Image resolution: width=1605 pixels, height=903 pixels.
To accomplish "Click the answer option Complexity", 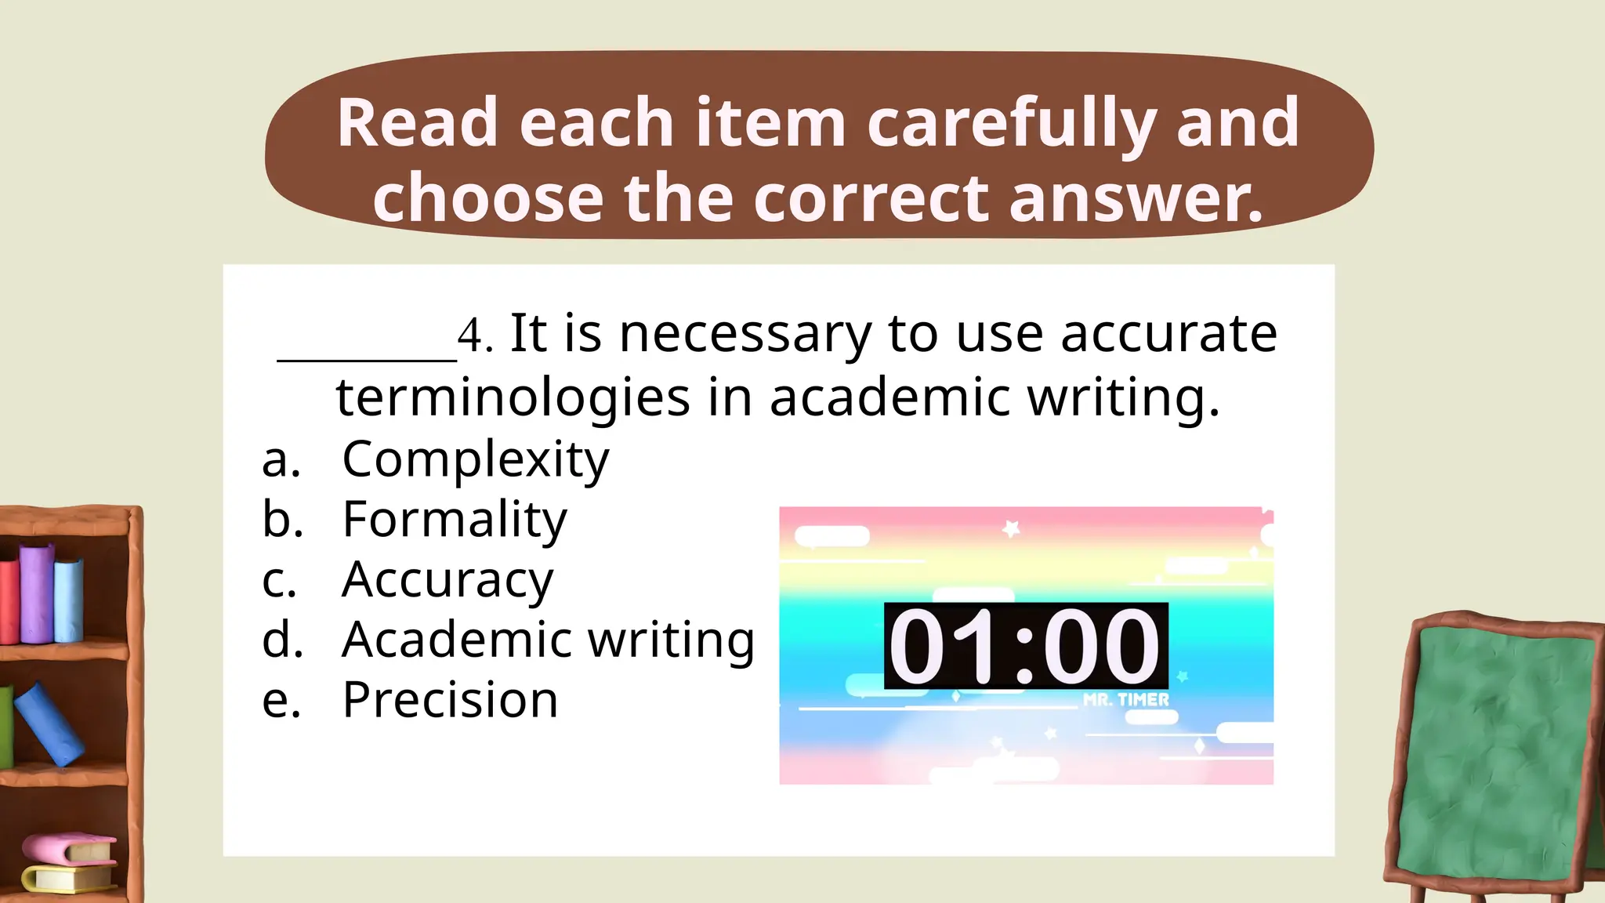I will click(x=475, y=459).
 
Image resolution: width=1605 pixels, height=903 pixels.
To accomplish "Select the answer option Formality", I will click(x=455, y=520).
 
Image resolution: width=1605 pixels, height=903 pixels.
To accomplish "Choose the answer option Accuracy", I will click(x=447, y=580).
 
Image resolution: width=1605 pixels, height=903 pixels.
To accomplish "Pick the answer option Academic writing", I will click(x=548, y=640).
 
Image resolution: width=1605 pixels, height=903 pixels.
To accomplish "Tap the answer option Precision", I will click(x=450, y=700).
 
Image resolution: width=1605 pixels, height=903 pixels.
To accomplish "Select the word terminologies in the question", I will click(x=513, y=397).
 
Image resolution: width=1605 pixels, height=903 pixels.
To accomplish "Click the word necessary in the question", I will click(x=745, y=334).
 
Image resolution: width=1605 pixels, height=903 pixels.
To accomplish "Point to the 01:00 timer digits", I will click(x=1025, y=647).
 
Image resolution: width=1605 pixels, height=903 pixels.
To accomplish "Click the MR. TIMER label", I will click(x=1125, y=700).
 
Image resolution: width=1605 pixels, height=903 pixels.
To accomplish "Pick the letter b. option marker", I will click(x=282, y=520).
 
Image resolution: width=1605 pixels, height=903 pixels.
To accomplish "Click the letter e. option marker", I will click(x=281, y=700).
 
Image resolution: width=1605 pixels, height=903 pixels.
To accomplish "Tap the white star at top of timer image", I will click(x=1011, y=529).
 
